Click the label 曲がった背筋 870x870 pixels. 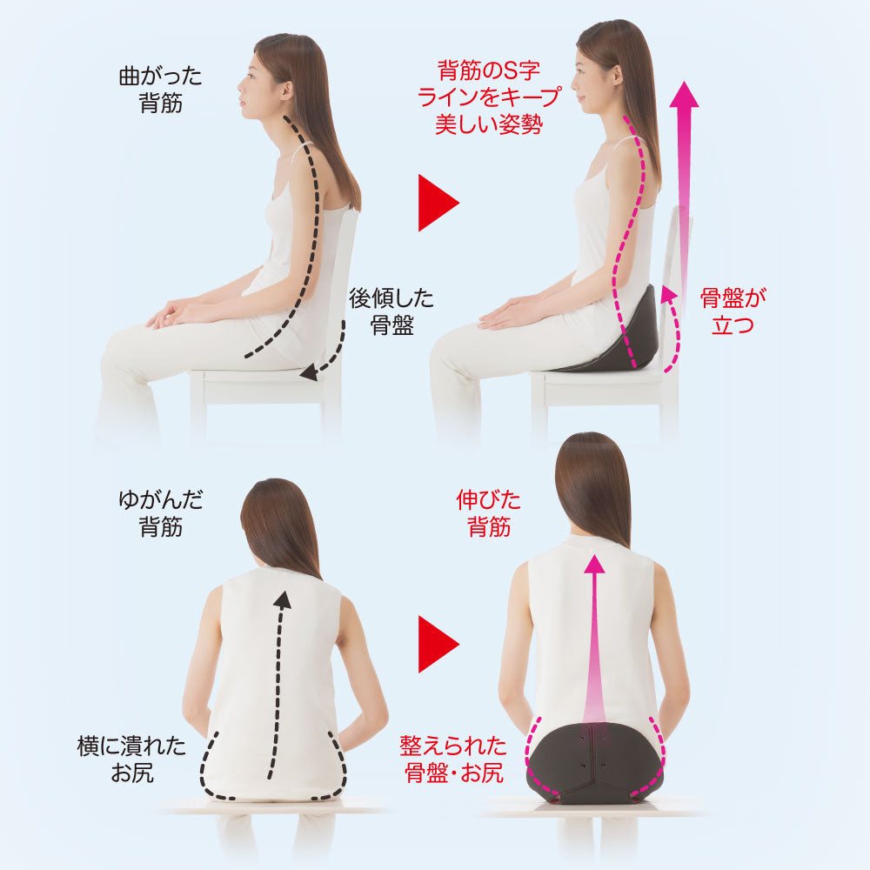(160, 90)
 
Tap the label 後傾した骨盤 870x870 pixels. (391, 311)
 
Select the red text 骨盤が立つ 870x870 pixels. (733, 311)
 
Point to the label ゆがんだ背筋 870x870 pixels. (160, 513)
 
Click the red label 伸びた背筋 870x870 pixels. (488, 513)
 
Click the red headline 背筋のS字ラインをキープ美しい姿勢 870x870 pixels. (489, 97)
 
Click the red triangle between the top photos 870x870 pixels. (438, 203)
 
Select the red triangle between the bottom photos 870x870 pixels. (438, 644)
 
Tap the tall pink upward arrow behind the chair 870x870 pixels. (684, 200)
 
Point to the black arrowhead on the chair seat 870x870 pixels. (310, 373)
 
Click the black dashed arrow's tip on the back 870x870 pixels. (283, 599)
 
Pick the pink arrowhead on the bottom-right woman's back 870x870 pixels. (594, 565)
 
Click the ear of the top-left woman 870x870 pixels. (287, 90)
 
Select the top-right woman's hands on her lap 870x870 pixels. (508, 313)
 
